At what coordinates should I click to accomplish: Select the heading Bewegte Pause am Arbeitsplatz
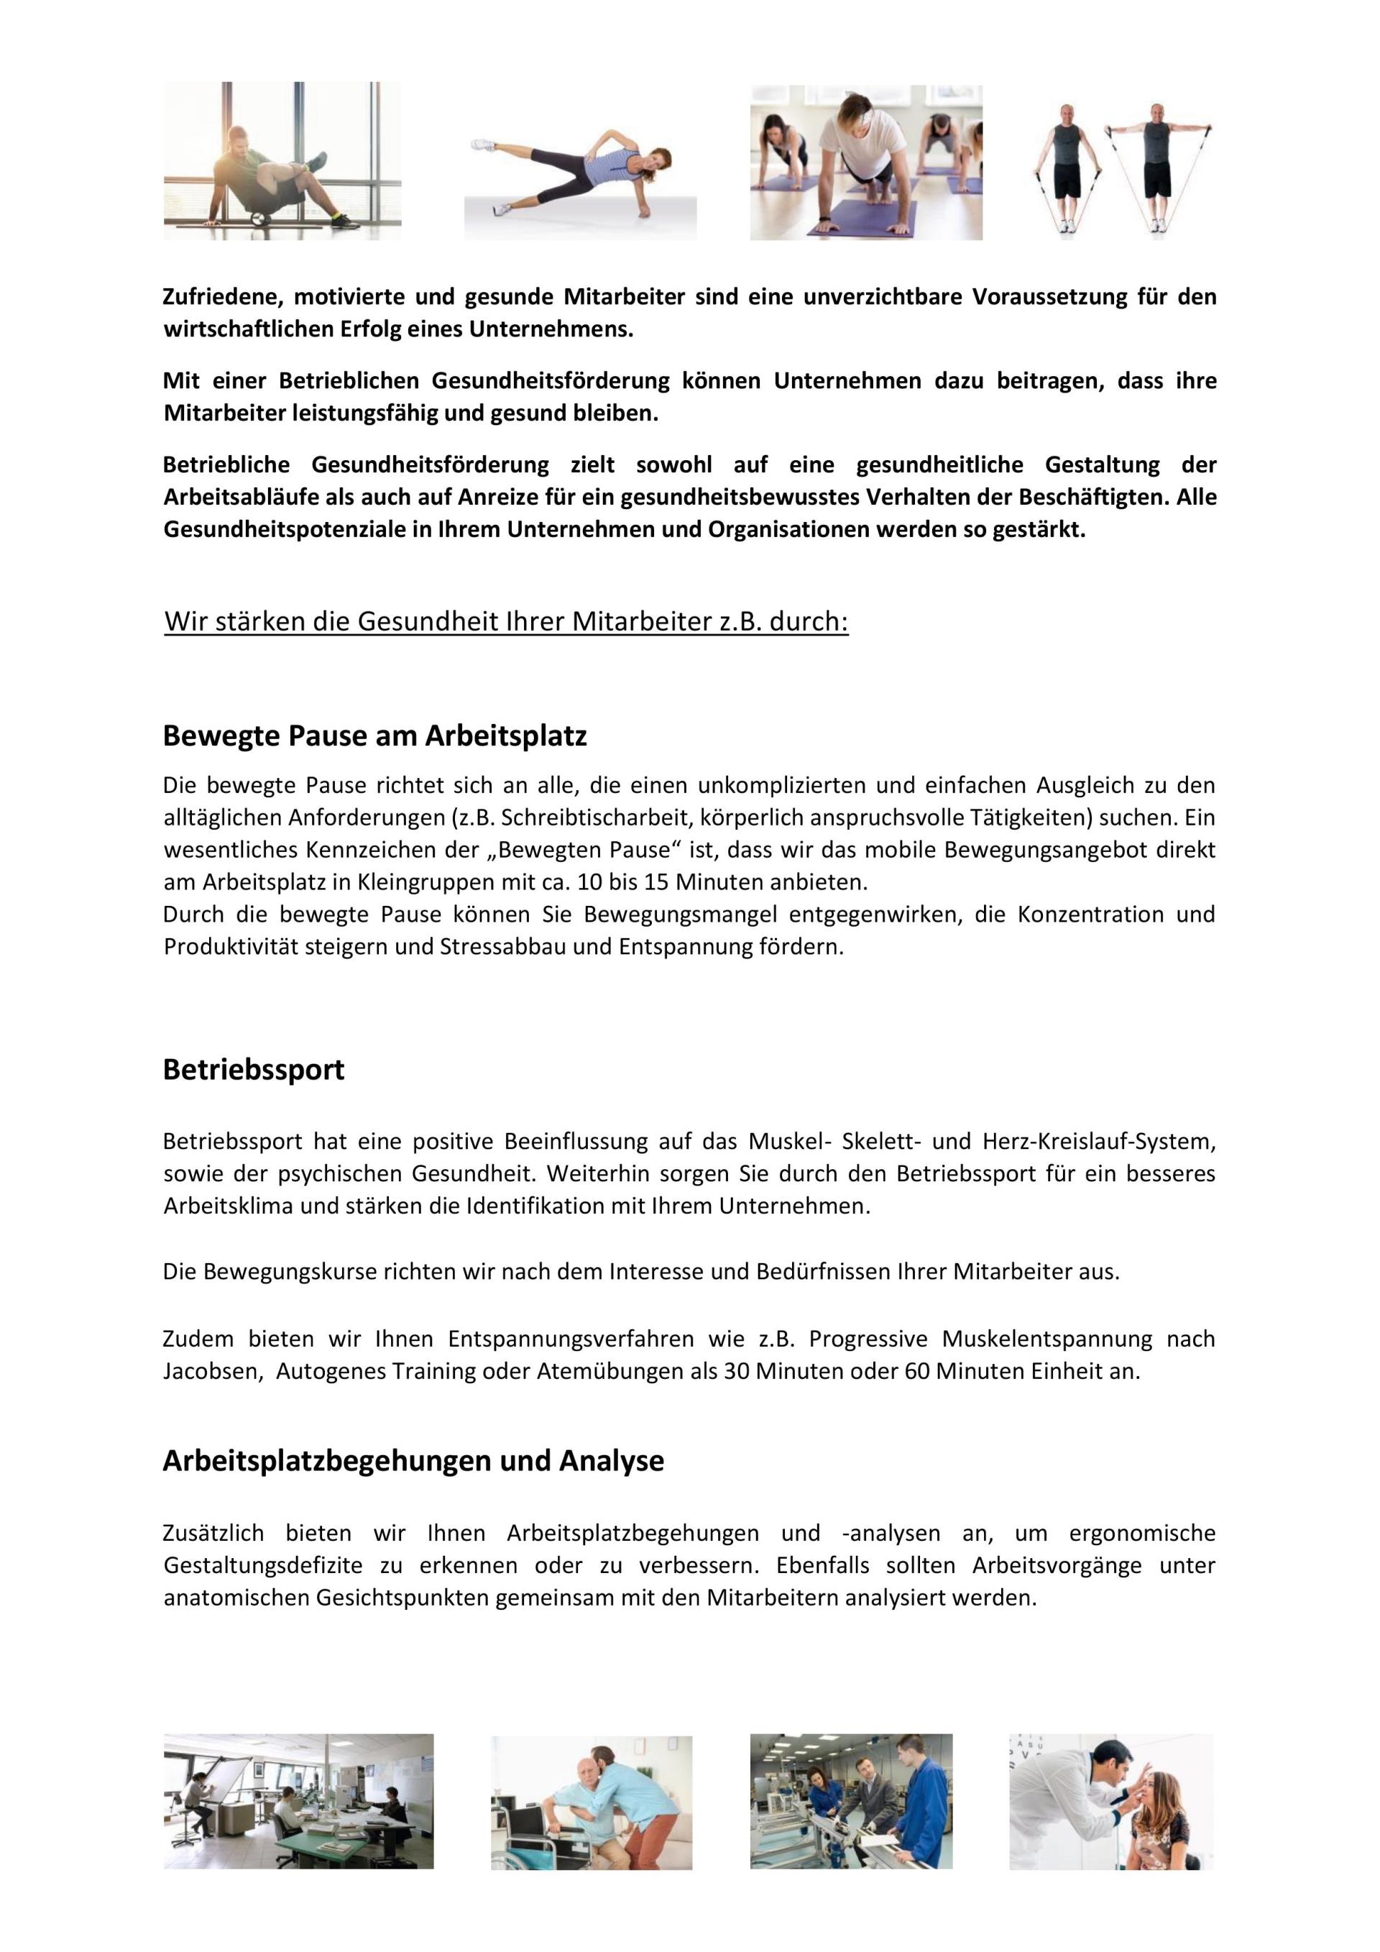pos(374,735)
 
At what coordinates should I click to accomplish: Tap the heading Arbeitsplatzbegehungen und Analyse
pos(413,1461)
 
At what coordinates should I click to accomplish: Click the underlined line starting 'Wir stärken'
pos(507,621)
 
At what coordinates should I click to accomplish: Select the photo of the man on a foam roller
pos(282,160)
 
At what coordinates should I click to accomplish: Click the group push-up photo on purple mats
pos(866,162)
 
